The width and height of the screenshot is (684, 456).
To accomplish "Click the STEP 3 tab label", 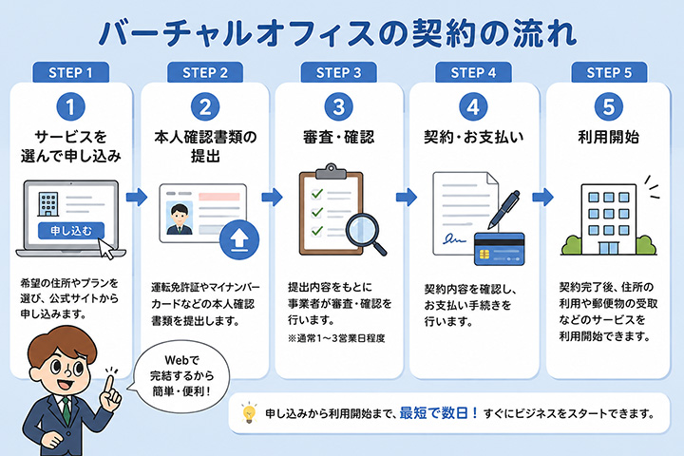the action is (x=338, y=72).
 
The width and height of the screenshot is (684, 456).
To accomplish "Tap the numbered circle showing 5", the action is (x=609, y=107).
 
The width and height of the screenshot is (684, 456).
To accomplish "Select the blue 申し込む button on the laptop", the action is (x=71, y=231).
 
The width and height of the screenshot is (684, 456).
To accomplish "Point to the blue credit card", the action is (x=499, y=249).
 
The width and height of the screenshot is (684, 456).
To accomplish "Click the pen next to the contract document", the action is (x=503, y=209).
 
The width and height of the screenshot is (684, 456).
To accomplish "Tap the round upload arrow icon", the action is (x=239, y=240).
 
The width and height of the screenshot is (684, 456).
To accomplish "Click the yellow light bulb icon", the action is (x=249, y=412).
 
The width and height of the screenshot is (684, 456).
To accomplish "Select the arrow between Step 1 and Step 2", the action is (x=137, y=198).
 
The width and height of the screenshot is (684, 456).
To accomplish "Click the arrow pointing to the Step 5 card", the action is (x=542, y=198).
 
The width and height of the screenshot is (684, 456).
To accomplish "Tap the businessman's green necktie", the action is (x=66, y=411).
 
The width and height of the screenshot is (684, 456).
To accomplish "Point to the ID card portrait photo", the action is (x=180, y=218).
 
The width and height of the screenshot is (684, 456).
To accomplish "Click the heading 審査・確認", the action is (x=338, y=137).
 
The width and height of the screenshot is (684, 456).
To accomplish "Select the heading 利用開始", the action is (x=609, y=137).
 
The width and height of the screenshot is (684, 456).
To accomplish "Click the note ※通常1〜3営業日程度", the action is (x=336, y=338).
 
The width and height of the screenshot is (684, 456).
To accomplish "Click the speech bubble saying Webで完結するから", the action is (x=181, y=376).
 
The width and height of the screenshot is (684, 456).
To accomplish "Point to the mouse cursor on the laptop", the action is (x=106, y=249).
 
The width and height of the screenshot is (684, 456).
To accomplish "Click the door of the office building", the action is (x=609, y=248).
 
